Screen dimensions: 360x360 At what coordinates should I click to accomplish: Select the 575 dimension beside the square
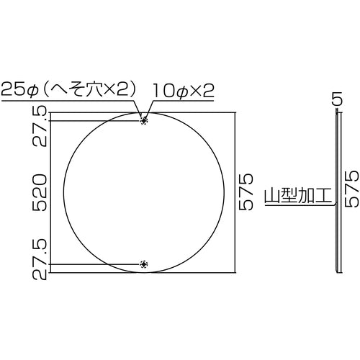tap(247, 191)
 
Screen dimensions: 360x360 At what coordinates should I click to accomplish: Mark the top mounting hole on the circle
tap(144, 120)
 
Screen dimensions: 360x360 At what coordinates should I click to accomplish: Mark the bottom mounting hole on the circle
tap(144, 264)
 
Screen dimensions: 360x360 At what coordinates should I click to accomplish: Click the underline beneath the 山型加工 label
tap(295, 206)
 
